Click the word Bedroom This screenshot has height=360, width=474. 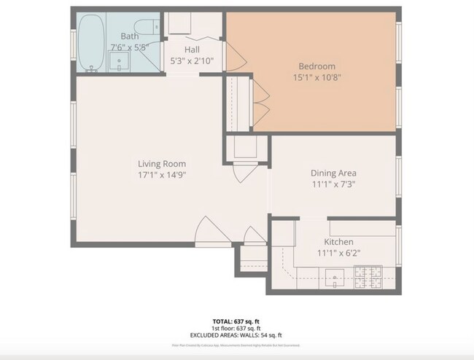coord(316,66)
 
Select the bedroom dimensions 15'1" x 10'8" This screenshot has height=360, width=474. coord(316,77)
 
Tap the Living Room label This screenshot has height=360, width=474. coord(162,163)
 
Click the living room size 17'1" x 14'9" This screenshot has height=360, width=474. coord(162,175)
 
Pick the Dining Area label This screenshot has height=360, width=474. coord(333,173)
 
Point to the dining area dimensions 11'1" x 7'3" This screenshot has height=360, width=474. coord(333,184)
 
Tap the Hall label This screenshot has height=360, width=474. coord(192,49)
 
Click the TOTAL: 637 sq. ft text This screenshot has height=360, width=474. coord(237,321)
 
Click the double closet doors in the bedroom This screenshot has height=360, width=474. coord(260,101)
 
